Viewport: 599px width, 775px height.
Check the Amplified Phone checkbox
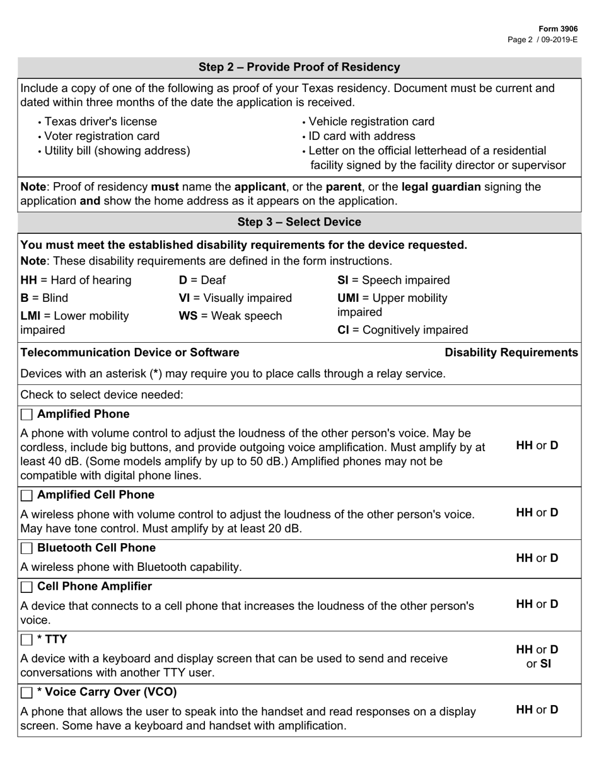click(26, 415)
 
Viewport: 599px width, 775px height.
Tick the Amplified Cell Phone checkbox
click(26, 495)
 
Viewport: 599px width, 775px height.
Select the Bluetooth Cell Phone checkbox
click(26, 548)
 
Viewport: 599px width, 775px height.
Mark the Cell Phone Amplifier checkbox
click(26, 587)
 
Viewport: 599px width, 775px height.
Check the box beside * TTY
click(26, 640)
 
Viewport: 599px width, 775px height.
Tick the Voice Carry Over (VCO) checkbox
click(26, 692)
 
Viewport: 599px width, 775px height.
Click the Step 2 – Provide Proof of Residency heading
click(299, 67)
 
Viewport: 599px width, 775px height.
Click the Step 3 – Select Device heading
click(299, 222)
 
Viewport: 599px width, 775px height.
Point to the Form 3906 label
click(557, 29)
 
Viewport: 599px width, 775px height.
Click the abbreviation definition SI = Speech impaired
click(394, 280)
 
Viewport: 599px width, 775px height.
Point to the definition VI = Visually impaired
click(235, 298)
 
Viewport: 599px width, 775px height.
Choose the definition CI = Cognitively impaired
click(403, 330)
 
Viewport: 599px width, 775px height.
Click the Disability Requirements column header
click(511, 352)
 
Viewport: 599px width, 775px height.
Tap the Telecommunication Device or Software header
click(130, 352)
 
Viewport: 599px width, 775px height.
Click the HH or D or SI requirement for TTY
click(537, 657)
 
